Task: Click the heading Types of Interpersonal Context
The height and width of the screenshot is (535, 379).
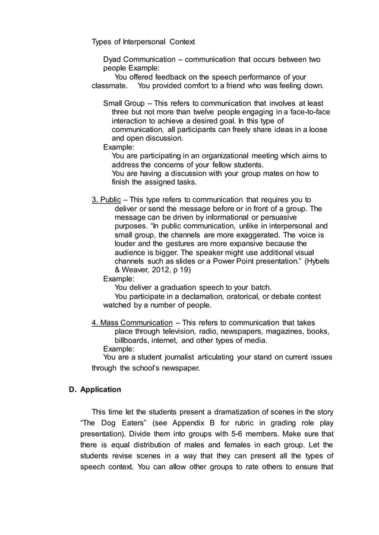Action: [143, 42]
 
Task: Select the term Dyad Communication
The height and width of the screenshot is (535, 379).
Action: [139, 60]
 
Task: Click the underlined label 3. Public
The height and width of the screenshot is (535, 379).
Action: [106, 200]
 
